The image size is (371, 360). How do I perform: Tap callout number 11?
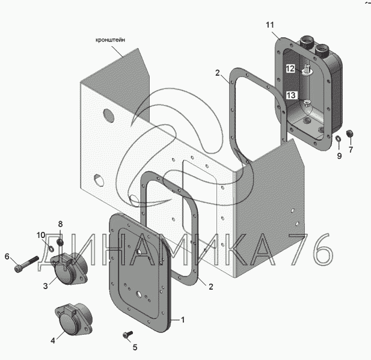click(270, 25)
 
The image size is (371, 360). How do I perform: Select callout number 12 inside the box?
click(290, 69)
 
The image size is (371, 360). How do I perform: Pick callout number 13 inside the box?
click(291, 95)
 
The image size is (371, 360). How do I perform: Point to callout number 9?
click(339, 156)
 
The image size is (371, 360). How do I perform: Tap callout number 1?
click(183, 319)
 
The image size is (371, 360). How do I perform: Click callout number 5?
click(135, 347)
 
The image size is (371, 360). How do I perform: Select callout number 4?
click(53, 340)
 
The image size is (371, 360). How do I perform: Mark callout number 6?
click(7, 257)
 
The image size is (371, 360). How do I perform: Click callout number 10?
click(40, 234)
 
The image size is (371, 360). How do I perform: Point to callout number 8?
click(60, 224)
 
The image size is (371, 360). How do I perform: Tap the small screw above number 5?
click(127, 333)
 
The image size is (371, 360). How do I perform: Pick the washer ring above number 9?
click(339, 141)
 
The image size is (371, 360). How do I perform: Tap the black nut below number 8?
click(60, 242)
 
